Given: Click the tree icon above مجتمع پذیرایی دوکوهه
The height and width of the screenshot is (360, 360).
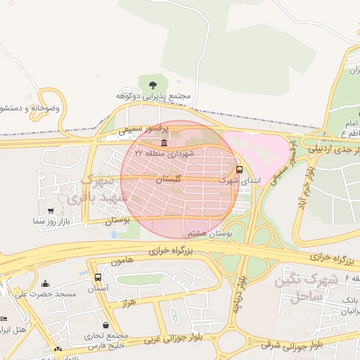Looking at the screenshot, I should [x=153, y=85].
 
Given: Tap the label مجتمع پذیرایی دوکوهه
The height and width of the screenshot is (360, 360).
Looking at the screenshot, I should [x=153, y=96].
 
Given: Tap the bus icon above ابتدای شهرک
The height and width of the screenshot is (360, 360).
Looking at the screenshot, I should [x=240, y=169].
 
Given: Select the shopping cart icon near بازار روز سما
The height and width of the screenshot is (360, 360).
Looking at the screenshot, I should [x=50, y=210].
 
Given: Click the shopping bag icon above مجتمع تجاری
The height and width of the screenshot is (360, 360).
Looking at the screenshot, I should [x=105, y=325].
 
